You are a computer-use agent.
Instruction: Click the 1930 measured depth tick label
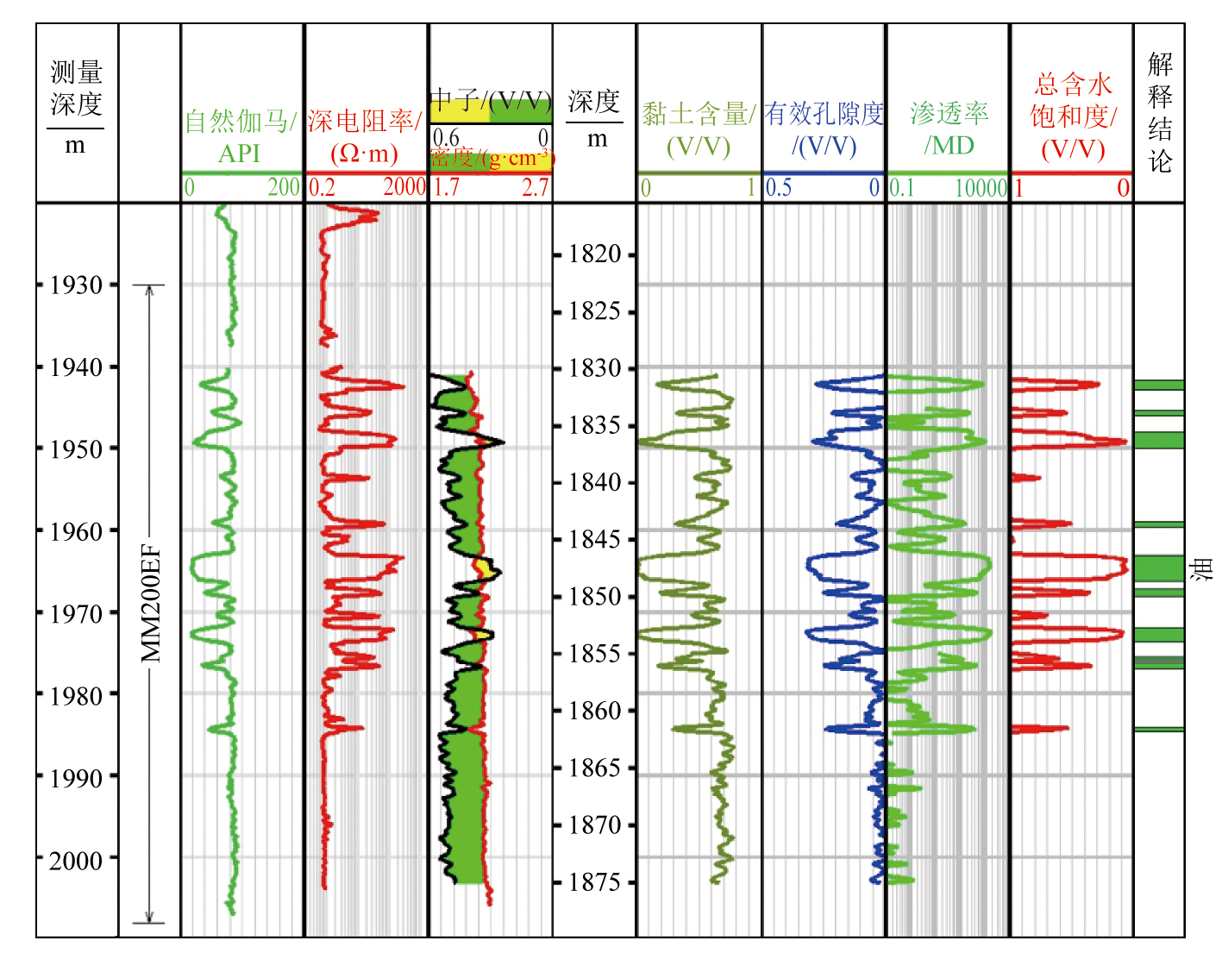coord(77,285)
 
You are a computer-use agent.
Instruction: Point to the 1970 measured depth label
coord(77,613)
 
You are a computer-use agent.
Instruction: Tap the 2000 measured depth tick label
coord(77,860)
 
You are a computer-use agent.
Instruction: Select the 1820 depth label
coord(595,254)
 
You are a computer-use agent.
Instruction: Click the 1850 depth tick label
coord(595,596)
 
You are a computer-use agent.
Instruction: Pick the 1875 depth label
coord(595,881)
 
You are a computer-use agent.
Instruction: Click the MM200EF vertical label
coord(152,603)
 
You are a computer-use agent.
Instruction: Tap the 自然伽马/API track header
coord(240,136)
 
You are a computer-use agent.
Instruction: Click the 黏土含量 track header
coord(699,129)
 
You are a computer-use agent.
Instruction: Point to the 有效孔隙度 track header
coord(824,129)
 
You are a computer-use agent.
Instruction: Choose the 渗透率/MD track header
coord(949,129)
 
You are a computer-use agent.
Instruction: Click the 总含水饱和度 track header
coord(1073,116)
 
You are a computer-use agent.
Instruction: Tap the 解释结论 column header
coord(1160,112)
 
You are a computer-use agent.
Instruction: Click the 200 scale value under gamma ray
coord(284,187)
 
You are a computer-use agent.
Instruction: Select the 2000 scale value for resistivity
coord(404,187)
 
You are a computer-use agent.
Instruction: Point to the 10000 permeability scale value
coord(981,188)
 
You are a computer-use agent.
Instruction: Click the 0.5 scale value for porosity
coord(779,188)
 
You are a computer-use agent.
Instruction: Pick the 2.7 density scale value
coord(536,188)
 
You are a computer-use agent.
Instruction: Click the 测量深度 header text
coord(76,88)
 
